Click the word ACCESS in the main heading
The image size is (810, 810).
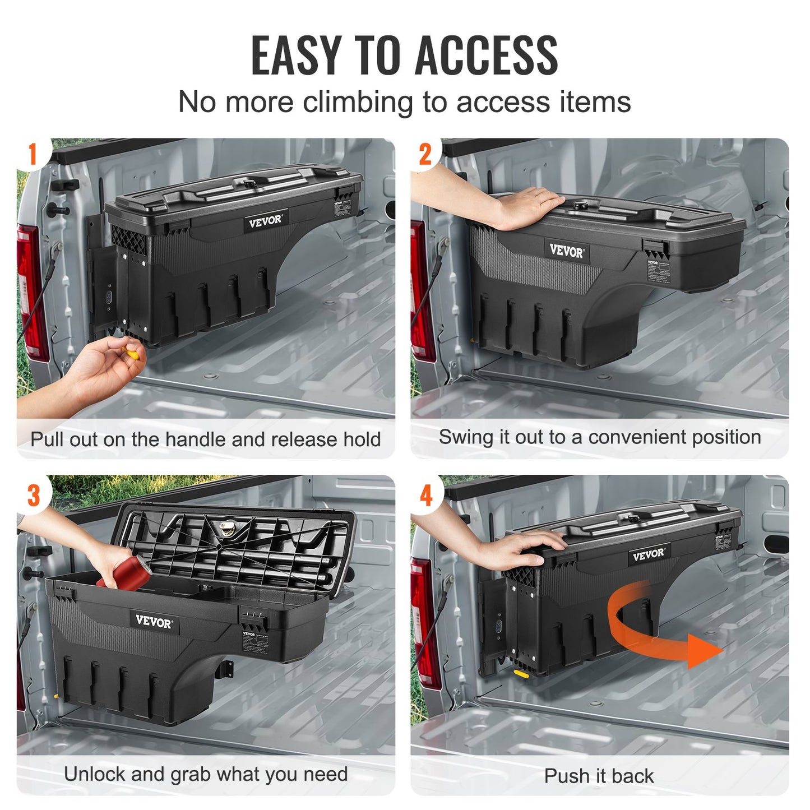(x=486, y=55)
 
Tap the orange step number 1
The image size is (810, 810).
(x=33, y=154)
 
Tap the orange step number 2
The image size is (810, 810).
(x=425, y=154)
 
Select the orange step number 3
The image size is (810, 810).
(x=34, y=496)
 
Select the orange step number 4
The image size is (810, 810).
(x=426, y=496)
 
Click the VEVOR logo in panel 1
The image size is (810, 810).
(x=265, y=221)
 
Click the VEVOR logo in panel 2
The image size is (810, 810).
(x=566, y=251)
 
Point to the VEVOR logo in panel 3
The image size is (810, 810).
(x=154, y=622)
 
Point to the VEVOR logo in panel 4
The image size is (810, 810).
(x=648, y=554)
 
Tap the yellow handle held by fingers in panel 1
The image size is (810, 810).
(x=132, y=353)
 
